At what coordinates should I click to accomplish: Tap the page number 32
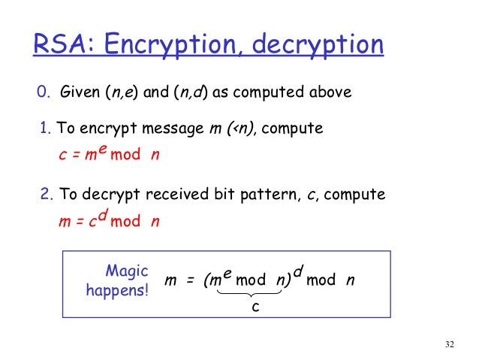coord(449,345)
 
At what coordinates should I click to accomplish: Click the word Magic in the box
coord(127,271)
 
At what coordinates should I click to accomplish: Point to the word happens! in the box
coord(118,289)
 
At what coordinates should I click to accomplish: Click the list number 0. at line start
coord(44,94)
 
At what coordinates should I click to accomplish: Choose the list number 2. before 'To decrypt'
coord(47,195)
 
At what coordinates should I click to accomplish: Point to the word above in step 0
coord(330,94)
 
